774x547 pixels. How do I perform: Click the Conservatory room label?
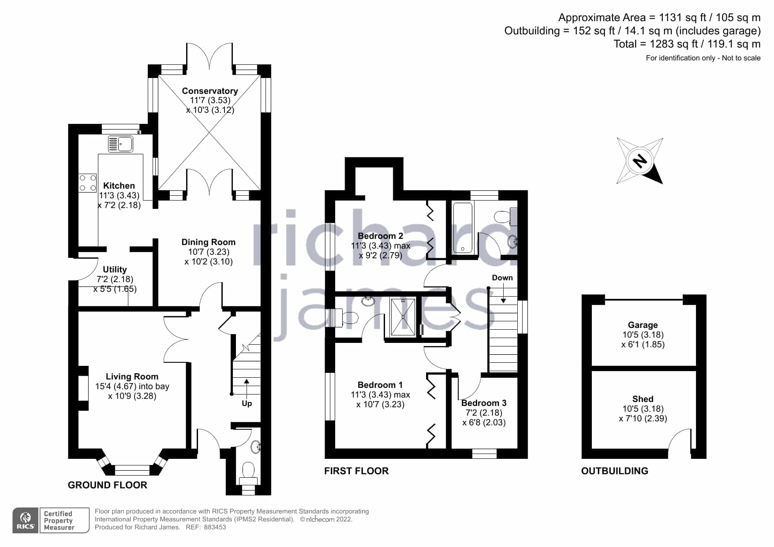(210, 91)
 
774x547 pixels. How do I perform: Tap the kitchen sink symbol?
(120, 144)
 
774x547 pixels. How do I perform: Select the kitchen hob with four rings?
(87, 183)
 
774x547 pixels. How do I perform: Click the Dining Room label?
(209, 242)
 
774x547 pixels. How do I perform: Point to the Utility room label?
(115, 269)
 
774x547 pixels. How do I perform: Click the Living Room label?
(132, 376)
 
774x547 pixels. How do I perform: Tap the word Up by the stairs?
(247, 403)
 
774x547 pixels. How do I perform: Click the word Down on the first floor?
(502, 278)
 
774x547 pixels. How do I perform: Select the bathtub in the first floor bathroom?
(463, 228)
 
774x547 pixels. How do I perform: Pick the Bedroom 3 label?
(484, 403)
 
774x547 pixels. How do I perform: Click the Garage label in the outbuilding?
(643, 325)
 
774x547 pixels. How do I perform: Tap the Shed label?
(643, 399)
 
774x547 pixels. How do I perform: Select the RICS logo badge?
(26, 521)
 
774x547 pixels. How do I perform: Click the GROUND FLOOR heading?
(107, 485)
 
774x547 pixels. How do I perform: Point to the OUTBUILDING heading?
(614, 471)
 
